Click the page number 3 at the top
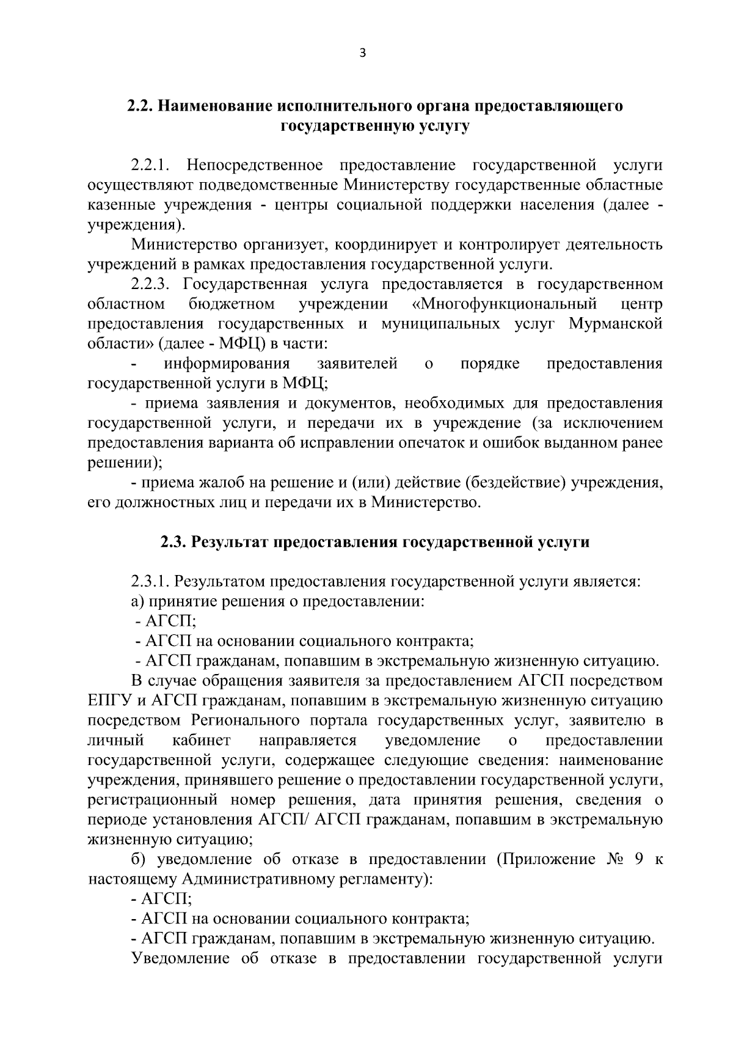[363, 53]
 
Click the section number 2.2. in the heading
[140, 106]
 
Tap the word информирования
[227, 364]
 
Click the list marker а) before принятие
[137, 601]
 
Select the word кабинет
[201, 740]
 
